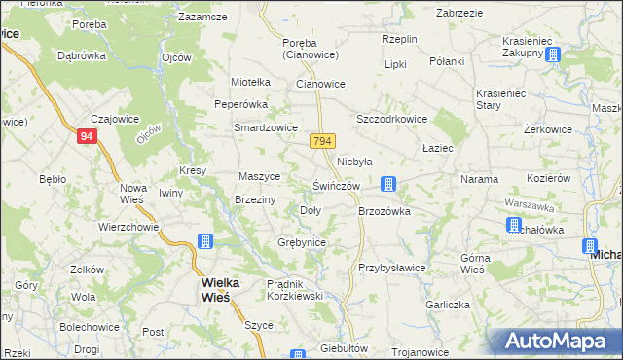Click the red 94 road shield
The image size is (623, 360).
(88, 137)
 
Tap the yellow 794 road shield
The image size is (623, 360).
(324, 141)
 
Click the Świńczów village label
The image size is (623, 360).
(337, 186)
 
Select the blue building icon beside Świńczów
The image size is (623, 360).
(388, 183)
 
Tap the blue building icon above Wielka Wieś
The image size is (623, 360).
(205, 241)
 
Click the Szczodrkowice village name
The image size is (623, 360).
(392, 119)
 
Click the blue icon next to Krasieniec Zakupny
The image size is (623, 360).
(554, 54)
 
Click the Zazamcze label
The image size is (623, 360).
(202, 18)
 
